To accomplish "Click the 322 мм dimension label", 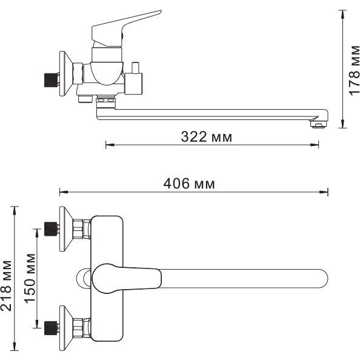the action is coord(207,137).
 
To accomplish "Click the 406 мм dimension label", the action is coord(189,184).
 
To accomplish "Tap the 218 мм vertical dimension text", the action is coord(6,286).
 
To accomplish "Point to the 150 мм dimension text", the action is coord(30,279).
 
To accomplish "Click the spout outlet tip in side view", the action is coord(318,124).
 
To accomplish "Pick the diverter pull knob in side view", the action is coord(136,67).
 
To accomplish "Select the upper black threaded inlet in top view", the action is coord(51,229).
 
